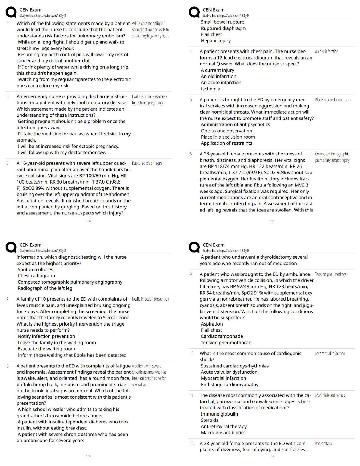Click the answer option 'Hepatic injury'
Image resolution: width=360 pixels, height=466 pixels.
coord(216,41)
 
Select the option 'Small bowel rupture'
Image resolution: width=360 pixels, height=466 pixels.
coord(222,22)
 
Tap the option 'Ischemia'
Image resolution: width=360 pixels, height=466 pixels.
coord(210,89)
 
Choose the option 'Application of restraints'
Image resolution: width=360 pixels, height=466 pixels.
coord(226,143)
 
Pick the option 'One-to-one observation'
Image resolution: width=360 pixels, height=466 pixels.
coord(226,131)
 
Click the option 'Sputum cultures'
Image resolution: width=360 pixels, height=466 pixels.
coord(35,269)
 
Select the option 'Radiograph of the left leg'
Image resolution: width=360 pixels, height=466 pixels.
coord(45,288)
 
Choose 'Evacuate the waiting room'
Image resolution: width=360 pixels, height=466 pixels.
coord(46,349)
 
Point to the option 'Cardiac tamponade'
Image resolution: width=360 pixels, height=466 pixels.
coord(222,336)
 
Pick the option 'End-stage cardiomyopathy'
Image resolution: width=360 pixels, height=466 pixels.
coord(229,385)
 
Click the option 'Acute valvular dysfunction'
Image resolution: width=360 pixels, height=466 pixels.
coord(229,372)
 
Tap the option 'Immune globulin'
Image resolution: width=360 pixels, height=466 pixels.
coord(219,414)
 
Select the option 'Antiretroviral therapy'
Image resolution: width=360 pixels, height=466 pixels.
coord(224,427)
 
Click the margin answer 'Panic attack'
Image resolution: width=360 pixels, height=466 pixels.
coord(323,444)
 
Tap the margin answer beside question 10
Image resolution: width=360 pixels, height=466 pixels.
coord(330,354)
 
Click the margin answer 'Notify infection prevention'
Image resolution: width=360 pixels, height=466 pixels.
coord(150,299)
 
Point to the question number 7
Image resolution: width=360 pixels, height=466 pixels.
coord(8,299)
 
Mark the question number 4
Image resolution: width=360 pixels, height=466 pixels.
coord(191,51)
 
